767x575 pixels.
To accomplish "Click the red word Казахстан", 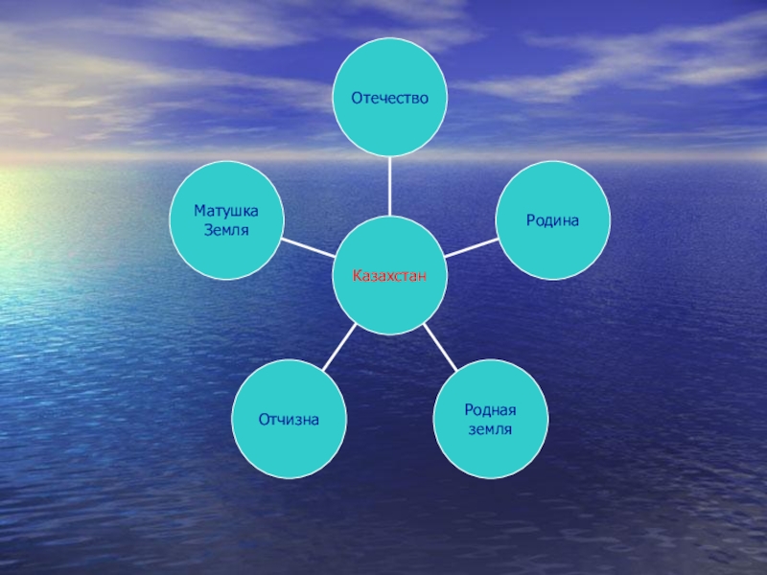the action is click(x=388, y=276).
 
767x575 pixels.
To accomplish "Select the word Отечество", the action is click(x=388, y=98).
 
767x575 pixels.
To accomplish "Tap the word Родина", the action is click(x=552, y=220).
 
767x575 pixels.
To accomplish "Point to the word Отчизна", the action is click(x=289, y=420).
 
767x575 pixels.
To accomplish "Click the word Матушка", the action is click(x=226, y=211).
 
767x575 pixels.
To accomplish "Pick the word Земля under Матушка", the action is click(x=226, y=230).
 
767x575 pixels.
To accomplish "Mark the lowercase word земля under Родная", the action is click(x=491, y=429).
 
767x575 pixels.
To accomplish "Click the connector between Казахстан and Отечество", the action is click(x=389, y=186).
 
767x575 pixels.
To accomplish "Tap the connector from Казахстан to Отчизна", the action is click(x=339, y=347).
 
